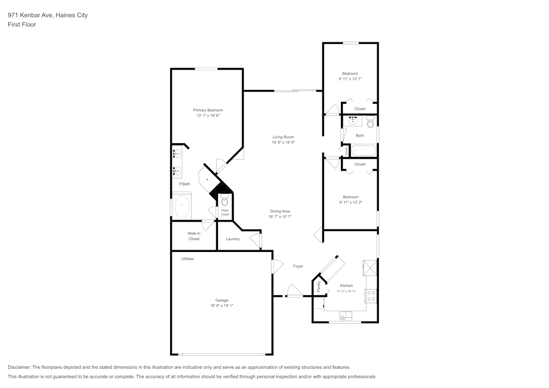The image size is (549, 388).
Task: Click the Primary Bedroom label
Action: tap(208, 110)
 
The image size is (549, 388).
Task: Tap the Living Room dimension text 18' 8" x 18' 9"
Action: tap(283, 143)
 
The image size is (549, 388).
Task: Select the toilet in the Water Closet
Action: tap(225, 201)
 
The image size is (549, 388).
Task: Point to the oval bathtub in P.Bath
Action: tap(182, 207)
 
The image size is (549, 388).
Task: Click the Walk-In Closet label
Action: tap(193, 236)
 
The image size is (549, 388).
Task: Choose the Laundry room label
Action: tap(233, 239)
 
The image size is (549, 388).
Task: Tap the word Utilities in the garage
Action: tap(187, 258)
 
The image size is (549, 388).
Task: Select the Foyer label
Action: tap(298, 266)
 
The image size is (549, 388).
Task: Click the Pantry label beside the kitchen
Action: tap(318, 286)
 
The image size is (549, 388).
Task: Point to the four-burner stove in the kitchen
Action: tap(371, 296)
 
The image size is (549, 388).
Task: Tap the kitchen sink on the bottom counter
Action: tap(345, 315)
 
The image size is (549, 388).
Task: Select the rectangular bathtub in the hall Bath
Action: tap(363, 150)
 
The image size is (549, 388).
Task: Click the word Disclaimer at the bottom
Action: tap(19, 367)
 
